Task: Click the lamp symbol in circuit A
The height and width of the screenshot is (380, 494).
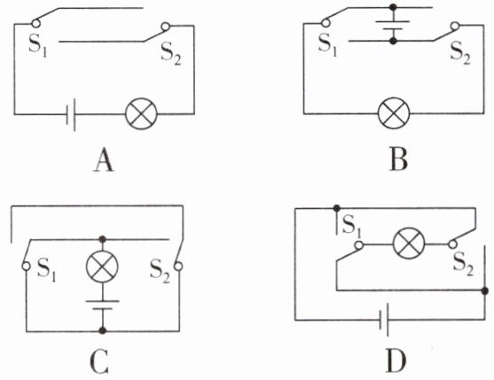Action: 141,113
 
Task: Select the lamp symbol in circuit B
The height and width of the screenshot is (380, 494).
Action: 394,113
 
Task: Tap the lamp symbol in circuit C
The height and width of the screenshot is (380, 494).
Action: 102,267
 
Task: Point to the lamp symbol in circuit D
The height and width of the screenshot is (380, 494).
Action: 409,244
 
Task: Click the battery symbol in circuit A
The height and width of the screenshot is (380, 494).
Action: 71,114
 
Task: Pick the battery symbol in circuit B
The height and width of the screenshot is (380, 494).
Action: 393,25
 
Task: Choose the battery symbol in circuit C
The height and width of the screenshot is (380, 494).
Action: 102,305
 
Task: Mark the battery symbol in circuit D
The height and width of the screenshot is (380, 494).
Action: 384,320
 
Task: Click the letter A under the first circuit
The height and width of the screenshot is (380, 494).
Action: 104,160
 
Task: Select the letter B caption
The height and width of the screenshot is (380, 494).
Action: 398,159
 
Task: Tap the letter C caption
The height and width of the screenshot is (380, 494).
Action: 99,361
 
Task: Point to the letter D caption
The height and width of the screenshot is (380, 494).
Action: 396,361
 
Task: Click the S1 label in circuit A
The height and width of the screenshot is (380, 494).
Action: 38,45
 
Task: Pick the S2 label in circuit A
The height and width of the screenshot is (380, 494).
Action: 171,53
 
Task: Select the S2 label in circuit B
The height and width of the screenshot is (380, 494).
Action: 460,52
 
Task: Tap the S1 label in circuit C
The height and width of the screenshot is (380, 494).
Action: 46,270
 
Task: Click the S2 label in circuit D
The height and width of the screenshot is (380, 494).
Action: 463,264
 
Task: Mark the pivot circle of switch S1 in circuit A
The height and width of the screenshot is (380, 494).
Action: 35,23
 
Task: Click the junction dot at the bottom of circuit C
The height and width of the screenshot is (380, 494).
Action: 102,330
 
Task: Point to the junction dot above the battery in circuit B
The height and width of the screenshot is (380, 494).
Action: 393,7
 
